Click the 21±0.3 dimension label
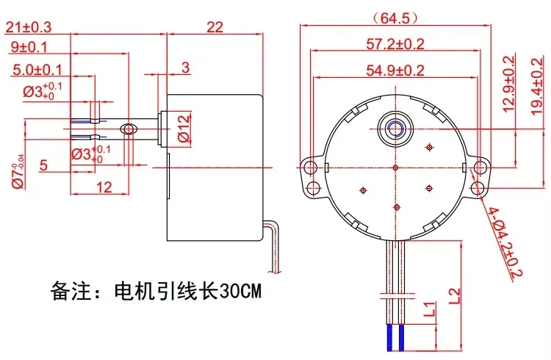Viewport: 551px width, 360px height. tap(29, 27)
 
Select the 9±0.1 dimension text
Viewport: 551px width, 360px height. tap(29, 47)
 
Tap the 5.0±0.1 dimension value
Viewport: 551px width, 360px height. tap(37, 70)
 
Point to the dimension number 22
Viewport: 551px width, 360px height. tap(215, 27)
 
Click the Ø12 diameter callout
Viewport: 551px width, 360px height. tap(184, 129)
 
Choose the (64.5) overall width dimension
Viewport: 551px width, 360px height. tap(396, 18)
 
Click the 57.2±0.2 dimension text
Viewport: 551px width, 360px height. tap(395, 44)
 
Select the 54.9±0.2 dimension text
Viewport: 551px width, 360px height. tap(395, 71)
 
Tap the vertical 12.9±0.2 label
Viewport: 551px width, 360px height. tap(509, 84)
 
